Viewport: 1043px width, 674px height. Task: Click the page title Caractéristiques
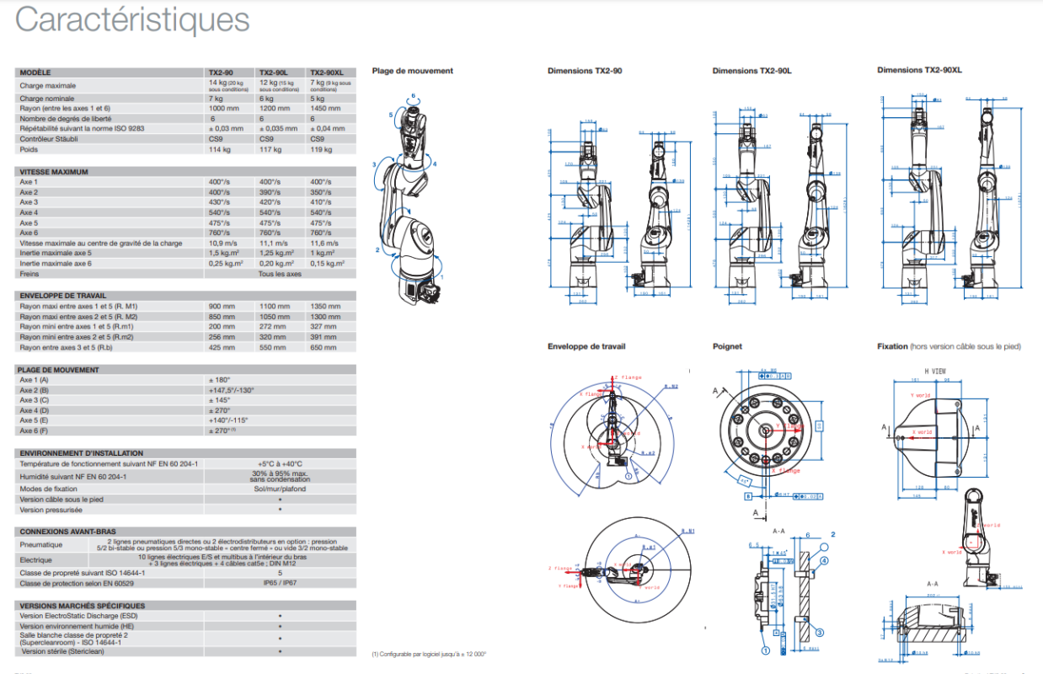coord(132,19)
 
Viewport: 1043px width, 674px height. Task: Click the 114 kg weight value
coord(220,149)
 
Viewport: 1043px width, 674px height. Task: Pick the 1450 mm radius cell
coord(326,109)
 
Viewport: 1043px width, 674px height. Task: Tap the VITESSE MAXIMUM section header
coord(54,172)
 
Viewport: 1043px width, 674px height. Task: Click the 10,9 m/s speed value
coord(223,243)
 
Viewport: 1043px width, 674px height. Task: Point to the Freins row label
coord(31,274)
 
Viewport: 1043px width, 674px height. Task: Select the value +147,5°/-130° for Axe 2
coord(231,390)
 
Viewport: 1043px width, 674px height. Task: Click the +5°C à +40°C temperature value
coord(280,463)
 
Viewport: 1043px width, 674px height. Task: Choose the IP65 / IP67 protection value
coord(280,583)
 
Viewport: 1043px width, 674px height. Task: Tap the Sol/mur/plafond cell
coord(280,489)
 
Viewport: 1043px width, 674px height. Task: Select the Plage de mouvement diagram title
coord(412,71)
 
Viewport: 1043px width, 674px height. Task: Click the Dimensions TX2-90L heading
coord(751,71)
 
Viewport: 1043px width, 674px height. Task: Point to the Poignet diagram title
coord(727,346)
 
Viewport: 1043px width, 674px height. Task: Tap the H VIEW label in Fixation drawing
coord(935,371)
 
